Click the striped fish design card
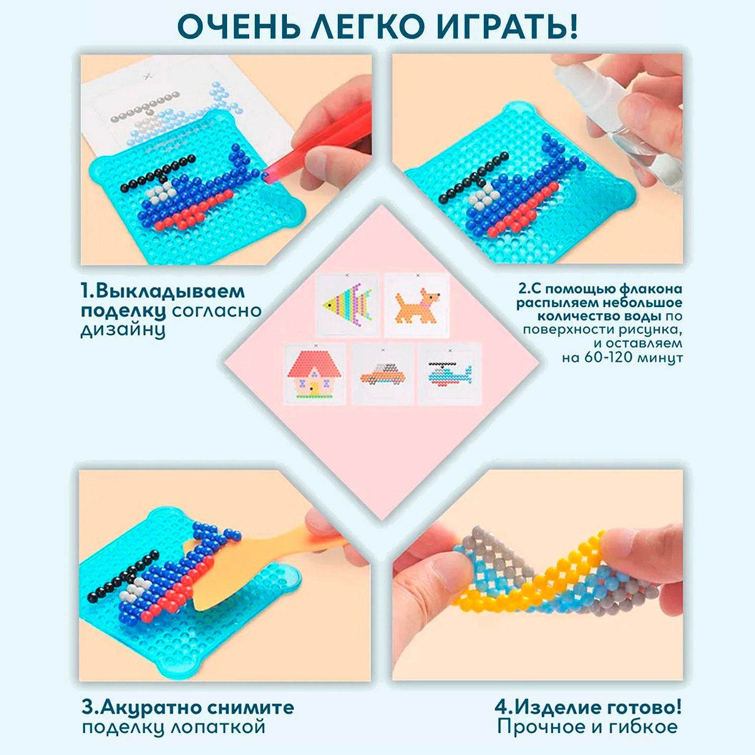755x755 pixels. click(x=347, y=305)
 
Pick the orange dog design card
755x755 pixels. click(x=417, y=305)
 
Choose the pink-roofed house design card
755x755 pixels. click(x=315, y=373)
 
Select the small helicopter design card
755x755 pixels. click(x=449, y=373)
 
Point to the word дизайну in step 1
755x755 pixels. click(x=123, y=330)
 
